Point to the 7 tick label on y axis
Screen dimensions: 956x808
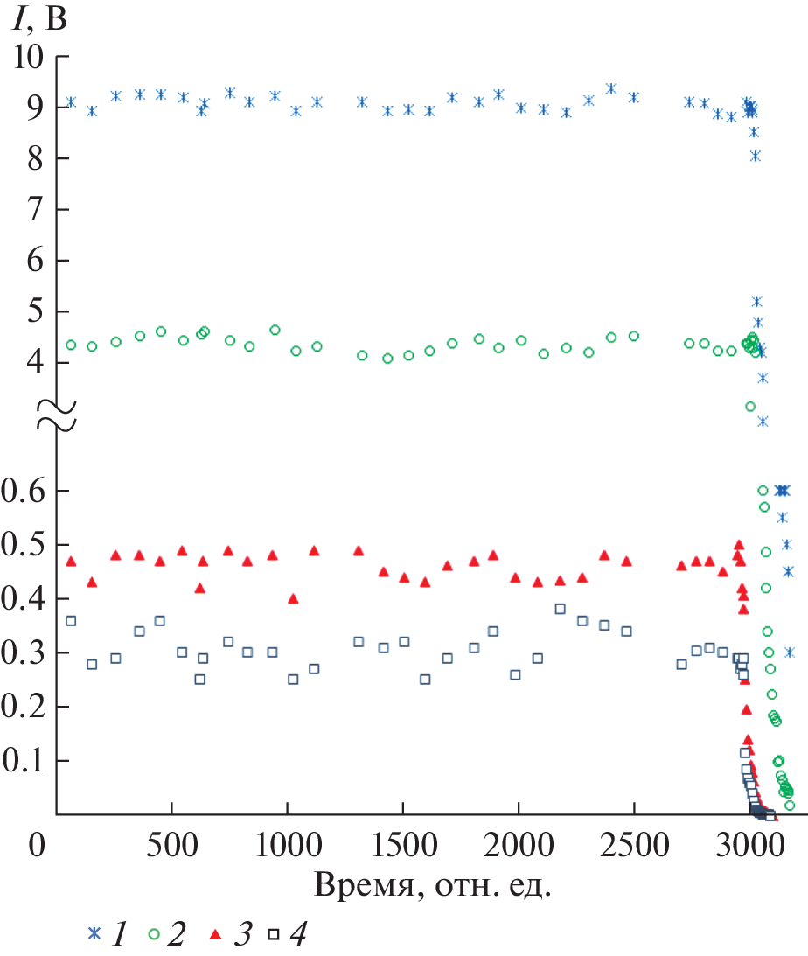[x=37, y=210]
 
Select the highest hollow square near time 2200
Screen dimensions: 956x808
[x=560, y=609]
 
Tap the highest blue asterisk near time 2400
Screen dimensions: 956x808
[x=610, y=88]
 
